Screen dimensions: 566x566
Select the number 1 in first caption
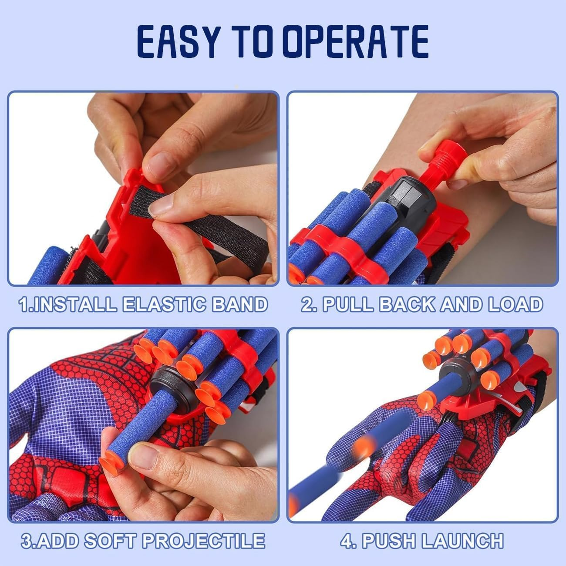tap(24, 303)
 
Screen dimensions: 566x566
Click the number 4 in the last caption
tap(346, 540)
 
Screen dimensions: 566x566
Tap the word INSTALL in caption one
tap(74, 303)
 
